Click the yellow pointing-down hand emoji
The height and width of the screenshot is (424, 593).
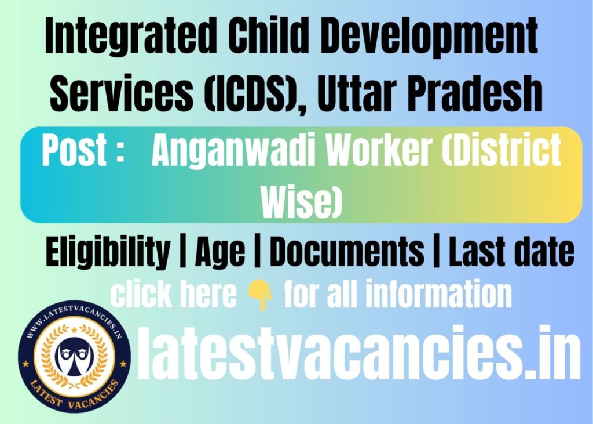[x=260, y=295]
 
